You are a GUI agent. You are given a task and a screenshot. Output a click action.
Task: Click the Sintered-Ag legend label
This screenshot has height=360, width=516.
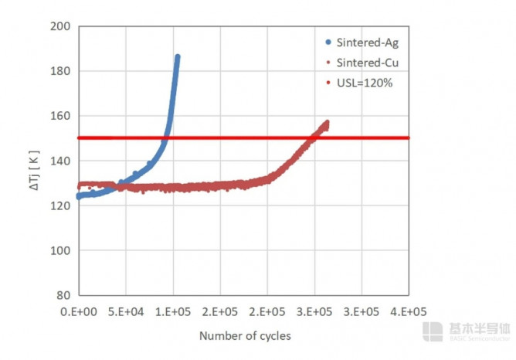(x=367, y=42)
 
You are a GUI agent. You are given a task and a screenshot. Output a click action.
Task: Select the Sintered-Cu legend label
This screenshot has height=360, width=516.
(x=367, y=62)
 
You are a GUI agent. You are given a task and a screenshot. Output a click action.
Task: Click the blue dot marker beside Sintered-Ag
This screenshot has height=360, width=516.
(x=328, y=42)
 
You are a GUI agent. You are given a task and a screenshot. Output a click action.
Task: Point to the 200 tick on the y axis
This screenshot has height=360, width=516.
(x=61, y=26)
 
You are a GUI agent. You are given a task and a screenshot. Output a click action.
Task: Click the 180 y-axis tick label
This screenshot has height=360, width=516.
(x=61, y=71)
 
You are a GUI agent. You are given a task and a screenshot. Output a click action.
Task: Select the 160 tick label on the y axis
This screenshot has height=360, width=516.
(x=61, y=116)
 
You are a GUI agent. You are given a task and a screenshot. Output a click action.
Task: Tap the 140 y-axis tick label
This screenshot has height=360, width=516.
(x=61, y=161)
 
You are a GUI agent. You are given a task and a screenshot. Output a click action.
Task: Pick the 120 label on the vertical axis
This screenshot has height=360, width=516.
(x=61, y=205)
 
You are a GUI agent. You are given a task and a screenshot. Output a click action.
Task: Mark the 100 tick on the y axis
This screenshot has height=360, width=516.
(x=61, y=250)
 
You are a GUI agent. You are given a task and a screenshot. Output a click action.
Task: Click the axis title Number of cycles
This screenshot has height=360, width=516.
(x=245, y=336)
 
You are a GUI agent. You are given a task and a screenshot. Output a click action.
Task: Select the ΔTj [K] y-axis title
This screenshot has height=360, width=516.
(x=35, y=160)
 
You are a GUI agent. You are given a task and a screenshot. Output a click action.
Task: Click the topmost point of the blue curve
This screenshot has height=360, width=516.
(x=178, y=57)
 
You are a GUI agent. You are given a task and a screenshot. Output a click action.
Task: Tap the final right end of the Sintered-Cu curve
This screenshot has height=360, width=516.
(x=327, y=123)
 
